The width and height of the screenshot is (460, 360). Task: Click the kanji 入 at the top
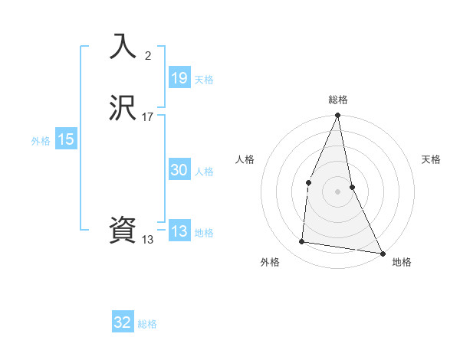[x=123, y=47]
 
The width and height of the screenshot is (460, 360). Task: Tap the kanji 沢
[x=123, y=108]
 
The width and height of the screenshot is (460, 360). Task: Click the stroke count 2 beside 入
[x=148, y=55]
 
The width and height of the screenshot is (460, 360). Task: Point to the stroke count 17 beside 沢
[x=148, y=116]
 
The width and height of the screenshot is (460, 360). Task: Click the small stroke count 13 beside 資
[x=148, y=239]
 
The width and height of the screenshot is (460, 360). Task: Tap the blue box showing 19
[x=179, y=78]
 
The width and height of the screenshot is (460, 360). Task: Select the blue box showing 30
[x=179, y=170]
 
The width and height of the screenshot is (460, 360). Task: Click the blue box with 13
[x=179, y=231]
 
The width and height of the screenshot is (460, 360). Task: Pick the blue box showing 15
[x=66, y=139]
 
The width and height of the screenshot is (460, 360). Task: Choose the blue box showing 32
[x=123, y=322]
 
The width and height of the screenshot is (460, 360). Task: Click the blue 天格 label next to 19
[x=204, y=80]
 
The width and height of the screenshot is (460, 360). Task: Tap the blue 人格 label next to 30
[x=204, y=172]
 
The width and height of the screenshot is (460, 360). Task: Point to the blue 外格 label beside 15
[x=41, y=141]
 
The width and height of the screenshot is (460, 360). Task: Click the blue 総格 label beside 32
[x=147, y=324]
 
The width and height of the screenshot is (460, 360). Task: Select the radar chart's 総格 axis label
[x=337, y=100]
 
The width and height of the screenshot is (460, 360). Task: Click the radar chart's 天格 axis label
[x=431, y=159]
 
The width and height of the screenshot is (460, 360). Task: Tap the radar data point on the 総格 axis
[x=337, y=116]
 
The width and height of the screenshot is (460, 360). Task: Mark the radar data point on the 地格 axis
[x=383, y=253]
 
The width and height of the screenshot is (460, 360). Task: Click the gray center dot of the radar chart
[x=337, y=191]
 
